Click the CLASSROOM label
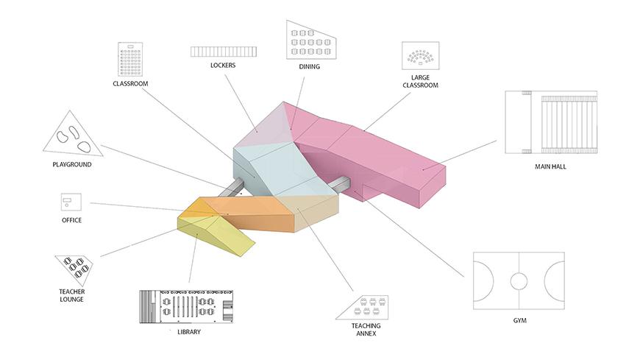tap(130, 84)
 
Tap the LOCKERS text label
tap(222, 66)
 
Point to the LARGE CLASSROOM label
tap(420, 81)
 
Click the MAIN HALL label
tap(550, 166)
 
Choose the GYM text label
tap(519, 321)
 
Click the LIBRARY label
tap(189, 332)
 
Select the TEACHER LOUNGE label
tap(72, 295)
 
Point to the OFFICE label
tap(71, 220)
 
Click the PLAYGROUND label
tap(72, 164)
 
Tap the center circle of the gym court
tap(519, 280)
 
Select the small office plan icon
tap(71, 201)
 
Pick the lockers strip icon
tap(223, 52)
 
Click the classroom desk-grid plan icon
tap(130, 59)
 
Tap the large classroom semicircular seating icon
tap(420, 57)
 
